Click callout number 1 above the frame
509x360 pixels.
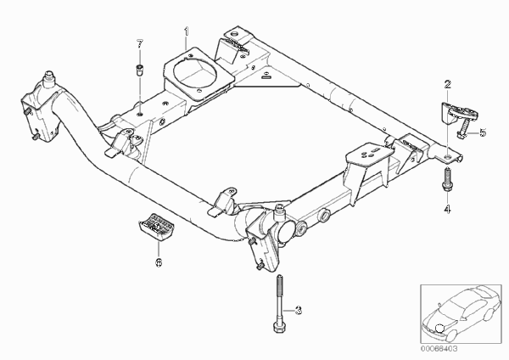pos(187,32)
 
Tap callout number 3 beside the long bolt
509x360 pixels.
pos(299,310)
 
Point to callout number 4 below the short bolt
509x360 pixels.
pos(447,209)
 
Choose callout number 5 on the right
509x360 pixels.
pos(483,132)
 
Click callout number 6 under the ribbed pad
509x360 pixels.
pos(159,262)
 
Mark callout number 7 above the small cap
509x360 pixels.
pos(140,44)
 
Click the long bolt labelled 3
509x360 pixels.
pos(279,303)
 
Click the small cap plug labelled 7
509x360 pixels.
pos(140,70)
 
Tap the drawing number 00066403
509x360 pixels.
pos(439,349)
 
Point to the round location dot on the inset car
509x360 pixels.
pos(439,328)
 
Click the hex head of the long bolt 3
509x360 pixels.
pos(279,327)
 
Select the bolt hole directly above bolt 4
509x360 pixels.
pos(448,157)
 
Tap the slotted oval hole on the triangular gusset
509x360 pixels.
pos(266,77)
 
